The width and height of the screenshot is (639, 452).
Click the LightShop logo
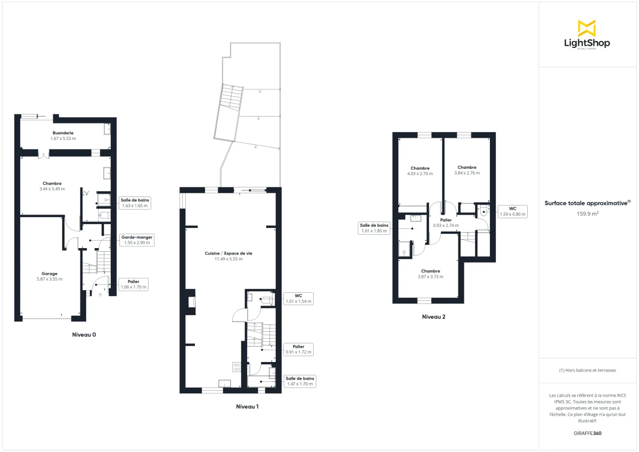click(x=586, y=35)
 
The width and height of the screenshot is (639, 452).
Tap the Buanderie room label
click(x=63, y=133)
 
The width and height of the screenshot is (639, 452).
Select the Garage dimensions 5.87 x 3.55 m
click(x=50, y=279)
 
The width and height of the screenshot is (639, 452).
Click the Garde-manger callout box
click(x=137, y=240)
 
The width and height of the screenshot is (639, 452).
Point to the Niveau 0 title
click(x=84, y=335)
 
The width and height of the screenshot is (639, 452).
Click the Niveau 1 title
click(x=247, y=406)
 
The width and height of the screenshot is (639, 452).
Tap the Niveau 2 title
click(x=433, y=317)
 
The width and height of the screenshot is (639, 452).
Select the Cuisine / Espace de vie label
click(x=228, y=253)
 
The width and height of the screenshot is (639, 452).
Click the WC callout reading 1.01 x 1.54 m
click(x=298, y=298)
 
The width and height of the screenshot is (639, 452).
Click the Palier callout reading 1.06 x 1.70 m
click(x=133, y=284)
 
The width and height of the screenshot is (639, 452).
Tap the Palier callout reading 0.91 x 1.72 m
click(x=298, y=349)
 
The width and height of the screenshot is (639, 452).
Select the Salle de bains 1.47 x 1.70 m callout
click(x=300, y=381)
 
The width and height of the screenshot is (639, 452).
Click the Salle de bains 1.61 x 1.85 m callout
click(x=375, y=228)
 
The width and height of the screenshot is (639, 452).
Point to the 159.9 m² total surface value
click(x=586, y=213)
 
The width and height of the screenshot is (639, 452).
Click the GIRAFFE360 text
click(x=586, y=433)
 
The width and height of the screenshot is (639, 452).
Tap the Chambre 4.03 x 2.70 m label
click(x=420, y=171)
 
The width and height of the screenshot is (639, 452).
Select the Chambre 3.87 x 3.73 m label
click(x=430, y=274)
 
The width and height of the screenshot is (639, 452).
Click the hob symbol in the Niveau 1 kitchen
click(x=236, y=367)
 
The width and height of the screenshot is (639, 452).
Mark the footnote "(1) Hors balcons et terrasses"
click(x=587, y=370)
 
